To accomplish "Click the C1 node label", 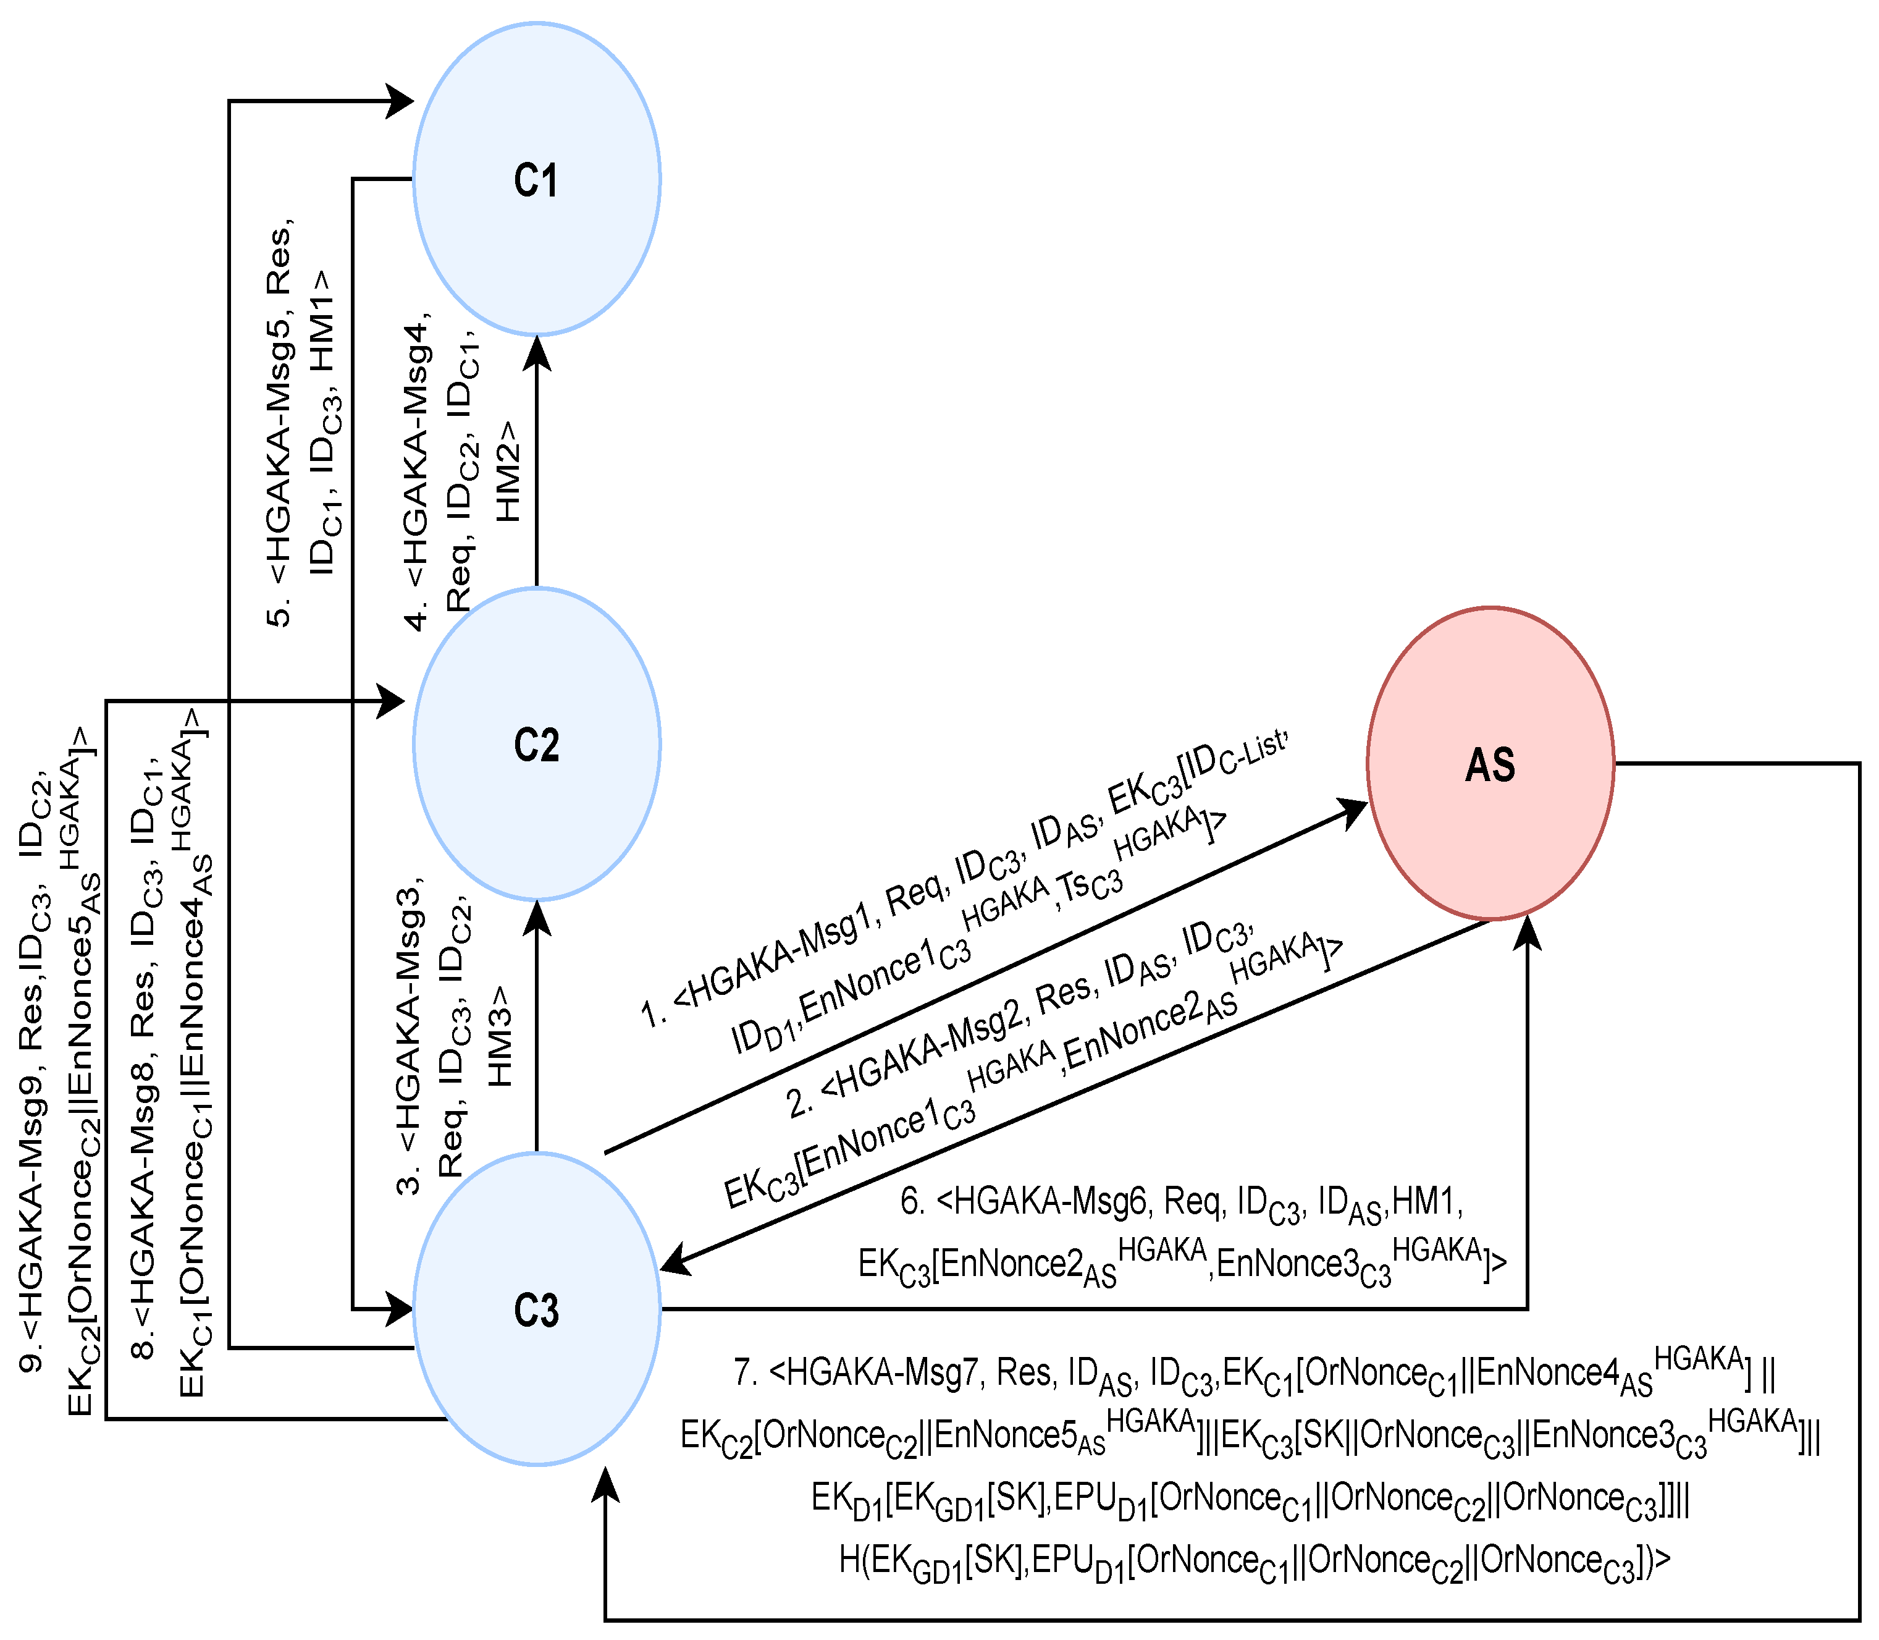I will [536, 180].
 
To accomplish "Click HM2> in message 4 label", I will [508, 471].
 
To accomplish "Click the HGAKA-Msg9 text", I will [32, 1190].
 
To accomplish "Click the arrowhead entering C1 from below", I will [537, 352].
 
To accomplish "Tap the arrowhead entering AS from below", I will [1527, 934].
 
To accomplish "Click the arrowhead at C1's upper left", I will [400, 101].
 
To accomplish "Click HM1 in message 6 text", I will [1423, 1200].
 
